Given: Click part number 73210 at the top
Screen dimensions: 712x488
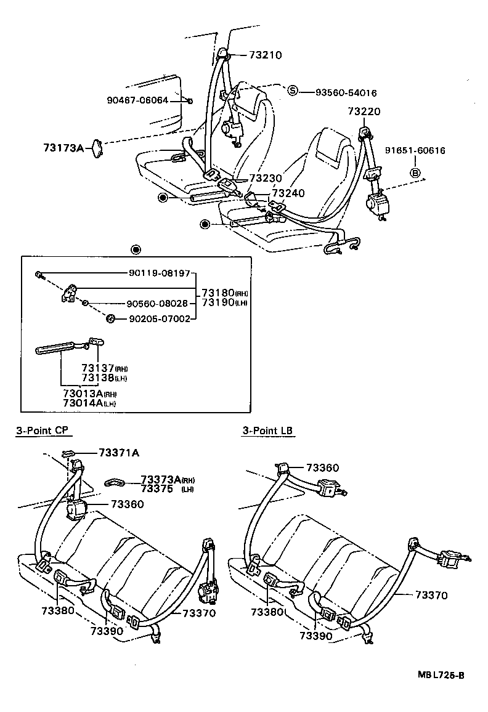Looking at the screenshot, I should point(266,55).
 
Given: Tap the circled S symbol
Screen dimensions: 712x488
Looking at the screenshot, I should point(293,92).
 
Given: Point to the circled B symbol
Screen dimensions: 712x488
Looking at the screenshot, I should point(415,173).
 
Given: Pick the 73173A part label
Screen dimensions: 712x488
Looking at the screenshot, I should point(63,148).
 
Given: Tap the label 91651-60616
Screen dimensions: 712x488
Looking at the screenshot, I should point(415,150).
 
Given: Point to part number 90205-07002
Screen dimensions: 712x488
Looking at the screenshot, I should point(159,318).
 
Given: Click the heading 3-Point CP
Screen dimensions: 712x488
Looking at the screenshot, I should point(41,431).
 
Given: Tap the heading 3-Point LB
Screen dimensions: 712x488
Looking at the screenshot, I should point(267,431).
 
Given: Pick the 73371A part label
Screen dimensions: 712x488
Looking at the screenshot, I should point(118,453).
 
